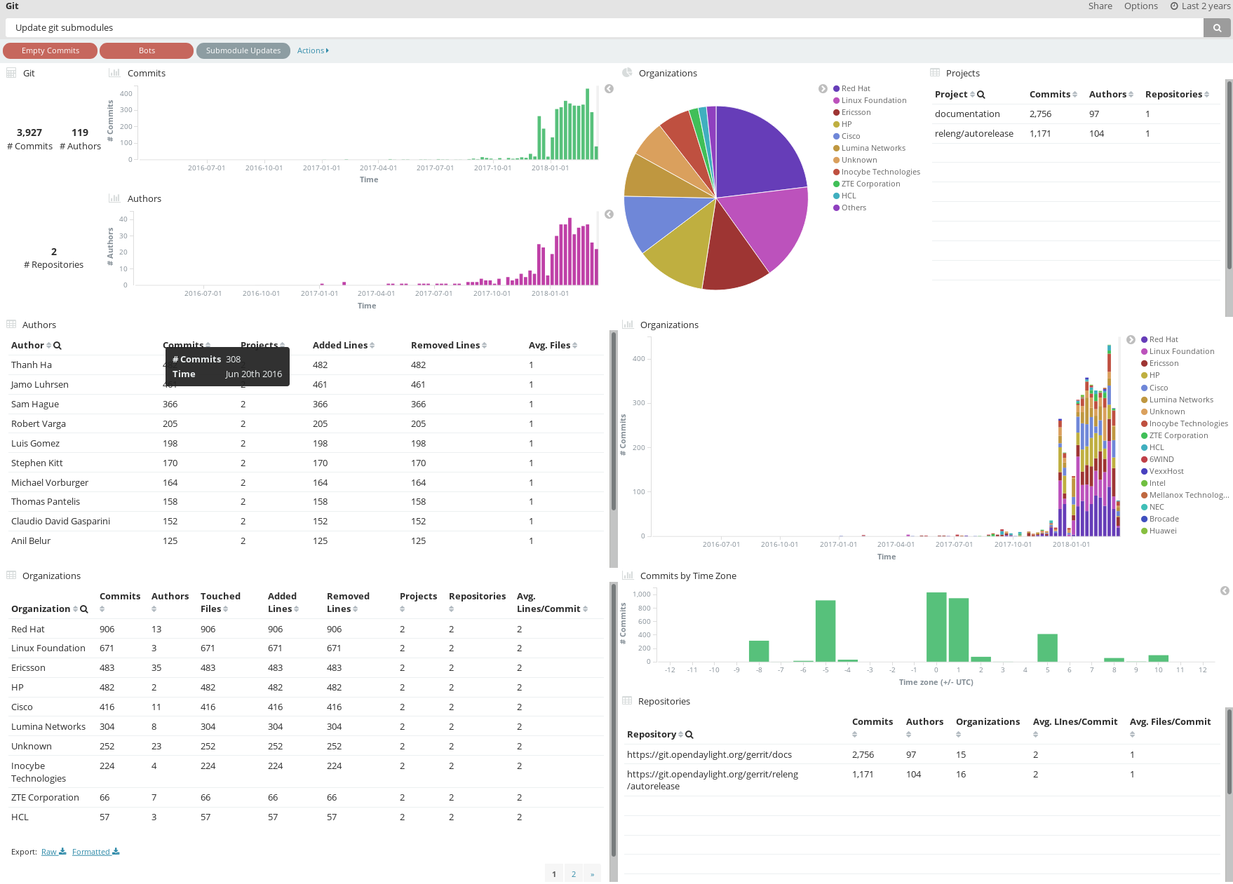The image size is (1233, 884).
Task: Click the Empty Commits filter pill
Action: point(50,50)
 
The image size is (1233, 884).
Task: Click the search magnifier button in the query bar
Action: point(1217,28)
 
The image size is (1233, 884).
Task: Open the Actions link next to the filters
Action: point(312,50)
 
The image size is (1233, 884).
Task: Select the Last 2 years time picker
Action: point(1200,6)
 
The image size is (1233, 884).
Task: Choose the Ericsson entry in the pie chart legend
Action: point(856,112)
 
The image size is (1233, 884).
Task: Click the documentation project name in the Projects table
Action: point(966,114)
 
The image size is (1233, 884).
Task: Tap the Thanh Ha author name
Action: point(32,365)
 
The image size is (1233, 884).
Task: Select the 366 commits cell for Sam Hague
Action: point(170,404)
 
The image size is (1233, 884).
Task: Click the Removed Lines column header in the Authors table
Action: point(445,346)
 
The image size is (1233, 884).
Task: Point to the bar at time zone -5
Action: point(825,631)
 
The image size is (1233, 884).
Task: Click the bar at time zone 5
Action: point(1047,648)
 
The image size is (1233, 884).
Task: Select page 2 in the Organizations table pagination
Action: point(573,874)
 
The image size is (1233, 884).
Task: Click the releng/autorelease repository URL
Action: point(712,780)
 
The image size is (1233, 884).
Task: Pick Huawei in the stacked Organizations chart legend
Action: point(1162,531)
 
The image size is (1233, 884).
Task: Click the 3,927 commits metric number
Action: point(29,132)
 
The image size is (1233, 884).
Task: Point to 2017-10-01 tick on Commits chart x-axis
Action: point(492,168)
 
